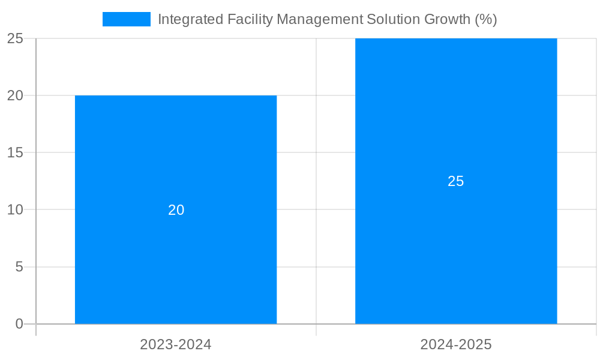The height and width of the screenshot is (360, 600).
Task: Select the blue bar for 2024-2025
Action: coord(456,252)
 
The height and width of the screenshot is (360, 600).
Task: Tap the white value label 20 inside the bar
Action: coord(176,210)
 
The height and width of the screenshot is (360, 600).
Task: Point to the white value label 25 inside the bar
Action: coord(456,181)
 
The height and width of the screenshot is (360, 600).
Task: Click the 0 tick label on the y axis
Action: coord(19,324)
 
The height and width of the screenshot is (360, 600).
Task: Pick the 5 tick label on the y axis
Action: coord(19,267)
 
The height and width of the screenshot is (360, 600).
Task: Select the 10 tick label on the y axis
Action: coord(15,210)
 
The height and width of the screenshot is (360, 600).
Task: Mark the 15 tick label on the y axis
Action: coord(15,152)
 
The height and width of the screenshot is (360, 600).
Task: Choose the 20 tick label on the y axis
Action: coord(15,95)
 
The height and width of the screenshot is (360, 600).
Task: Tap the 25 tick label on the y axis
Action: coord(15,38)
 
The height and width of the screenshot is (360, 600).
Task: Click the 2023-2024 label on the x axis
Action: coord(176,344)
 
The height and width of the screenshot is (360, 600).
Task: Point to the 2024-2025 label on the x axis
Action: coord(456,344)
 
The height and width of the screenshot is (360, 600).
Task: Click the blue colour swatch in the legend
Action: coord(127,19)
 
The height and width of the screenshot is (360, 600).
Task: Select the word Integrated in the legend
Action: coord(190,19)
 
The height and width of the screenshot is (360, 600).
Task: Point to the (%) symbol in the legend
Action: coord(486,19)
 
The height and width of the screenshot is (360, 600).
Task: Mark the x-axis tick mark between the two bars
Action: coord(316,330)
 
